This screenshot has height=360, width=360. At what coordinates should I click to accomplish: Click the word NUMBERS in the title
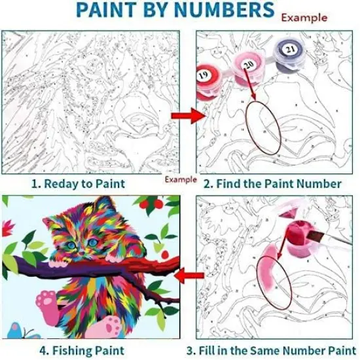click(223, 10)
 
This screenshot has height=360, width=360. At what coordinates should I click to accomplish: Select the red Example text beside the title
click(304, 18)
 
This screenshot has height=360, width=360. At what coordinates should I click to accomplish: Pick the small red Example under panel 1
click(180, 179)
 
